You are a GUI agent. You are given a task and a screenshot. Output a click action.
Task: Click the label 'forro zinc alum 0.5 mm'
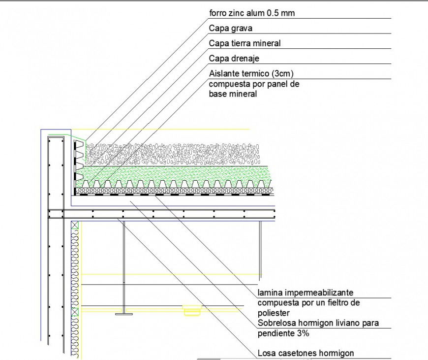coord(251,13)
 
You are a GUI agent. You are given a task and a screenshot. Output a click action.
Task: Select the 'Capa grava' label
coord(230,29)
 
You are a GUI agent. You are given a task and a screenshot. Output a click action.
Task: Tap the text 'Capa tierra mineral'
coord(245,43)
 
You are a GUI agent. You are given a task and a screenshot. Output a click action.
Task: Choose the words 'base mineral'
coord(233,94)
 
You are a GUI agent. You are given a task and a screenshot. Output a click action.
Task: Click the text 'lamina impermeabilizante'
coord(305,293)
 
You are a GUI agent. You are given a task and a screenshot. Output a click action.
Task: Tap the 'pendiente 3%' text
coord(283,333)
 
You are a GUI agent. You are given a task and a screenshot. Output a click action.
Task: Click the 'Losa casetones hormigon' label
coord(306,353)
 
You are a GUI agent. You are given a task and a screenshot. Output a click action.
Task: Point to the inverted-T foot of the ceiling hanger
coord(123,312)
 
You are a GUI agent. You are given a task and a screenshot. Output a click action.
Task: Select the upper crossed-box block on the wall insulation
coord(75,225)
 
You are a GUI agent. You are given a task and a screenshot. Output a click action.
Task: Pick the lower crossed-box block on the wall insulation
coord(75,311)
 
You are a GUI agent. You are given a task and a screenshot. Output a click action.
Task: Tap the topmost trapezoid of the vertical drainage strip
coord(79,144)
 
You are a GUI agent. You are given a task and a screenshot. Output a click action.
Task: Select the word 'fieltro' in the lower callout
coord(337,302)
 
